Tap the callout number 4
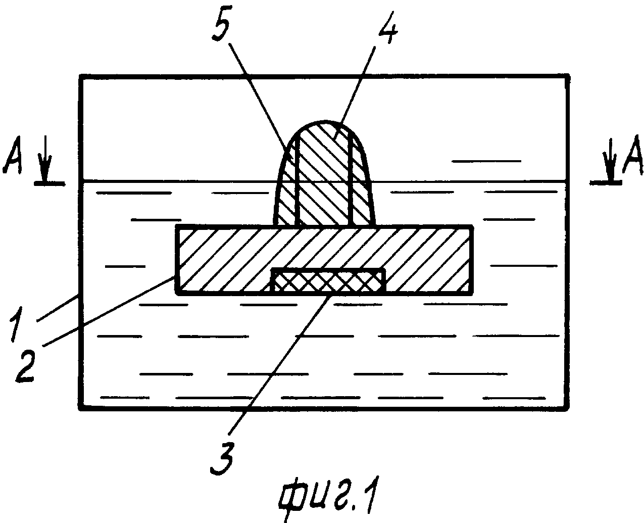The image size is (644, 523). pyautogui.click(x=386, y=29)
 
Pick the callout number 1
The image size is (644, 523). pyautogui.click(x=17, y=324)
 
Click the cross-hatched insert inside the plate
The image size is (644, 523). pyautogui.click(x=328, y=280)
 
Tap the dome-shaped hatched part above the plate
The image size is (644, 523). pyautogui.click(x=324, y=173)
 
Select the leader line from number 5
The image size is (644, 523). pyautogui.click(x=261, y=99)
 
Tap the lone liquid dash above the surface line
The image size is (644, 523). pyautogui.click(x=486, y=161)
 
